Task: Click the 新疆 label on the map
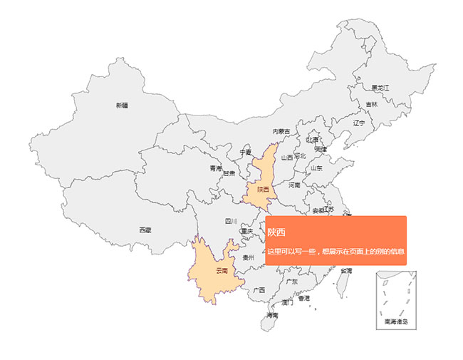tap(122, 106)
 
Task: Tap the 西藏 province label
tap(145, 230)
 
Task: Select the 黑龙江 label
tap(380, 88)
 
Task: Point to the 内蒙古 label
tap(281, 131)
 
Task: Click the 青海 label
tap(215, 169)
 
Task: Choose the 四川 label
tap(230, 222)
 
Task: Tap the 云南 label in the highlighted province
tap(222, 270)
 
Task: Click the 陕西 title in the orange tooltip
tap(276, 232)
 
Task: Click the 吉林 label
tap(372, 104)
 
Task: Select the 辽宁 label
tap(359, 123)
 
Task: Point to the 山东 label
tap(316, 169)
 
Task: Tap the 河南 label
tap(293, 185)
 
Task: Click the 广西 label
tap(259, 290)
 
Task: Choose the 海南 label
tap(272, 315)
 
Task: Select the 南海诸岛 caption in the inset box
tap(396, 322)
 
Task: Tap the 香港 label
tap(304, 298)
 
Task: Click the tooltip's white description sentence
tap(336, 252)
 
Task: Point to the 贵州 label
tap(249, 257)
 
